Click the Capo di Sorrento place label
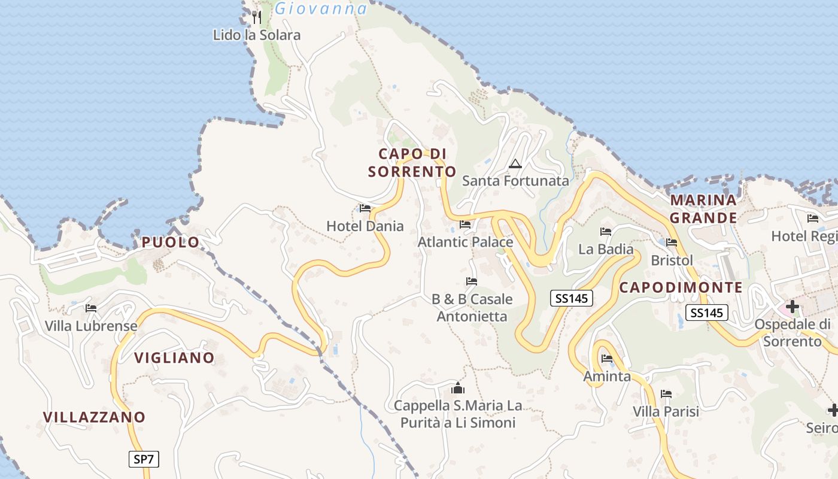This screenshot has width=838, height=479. [412, 163]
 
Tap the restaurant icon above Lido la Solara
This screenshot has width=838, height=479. [257, 16]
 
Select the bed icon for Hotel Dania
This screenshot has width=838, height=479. [365, 208]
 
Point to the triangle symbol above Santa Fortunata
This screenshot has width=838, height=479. [515, 163]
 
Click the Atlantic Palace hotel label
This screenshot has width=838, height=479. [465, 242]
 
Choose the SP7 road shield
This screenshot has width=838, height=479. [144, 459]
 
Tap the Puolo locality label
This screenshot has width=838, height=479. [171, 242]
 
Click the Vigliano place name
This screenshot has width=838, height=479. [174, 357]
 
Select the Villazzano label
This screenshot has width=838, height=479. [94, 417]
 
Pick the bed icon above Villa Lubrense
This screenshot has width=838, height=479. [91, 308]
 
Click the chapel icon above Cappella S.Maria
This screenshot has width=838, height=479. [458, 388]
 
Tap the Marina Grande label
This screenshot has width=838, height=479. [703, 208]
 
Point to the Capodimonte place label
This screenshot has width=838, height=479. [681, 287]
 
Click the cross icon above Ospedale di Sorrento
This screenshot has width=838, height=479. [793, 307]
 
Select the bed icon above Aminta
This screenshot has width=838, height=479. [607, 359]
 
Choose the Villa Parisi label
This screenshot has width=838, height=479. [666, 411]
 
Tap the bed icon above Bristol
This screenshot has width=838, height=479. [672, 242]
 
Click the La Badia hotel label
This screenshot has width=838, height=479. [606, 248]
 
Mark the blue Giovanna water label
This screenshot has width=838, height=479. [321, 8]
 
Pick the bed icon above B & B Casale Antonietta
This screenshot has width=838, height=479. [472, 281]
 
